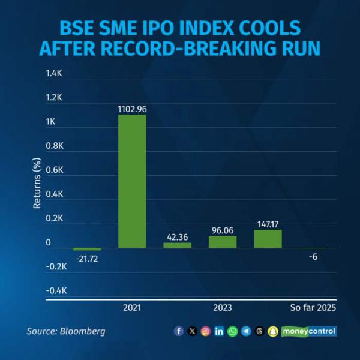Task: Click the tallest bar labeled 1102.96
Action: click(132, 181)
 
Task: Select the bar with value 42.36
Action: click(177, 245)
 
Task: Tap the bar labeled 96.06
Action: click(223, 242)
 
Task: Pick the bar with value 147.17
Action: click(268, 239)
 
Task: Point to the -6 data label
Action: click(313, 257)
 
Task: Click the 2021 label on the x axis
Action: click(132, 308)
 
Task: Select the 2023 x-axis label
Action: click(223, 308)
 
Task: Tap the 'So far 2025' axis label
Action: click(313, 308)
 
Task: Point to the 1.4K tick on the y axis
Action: click(54, 73)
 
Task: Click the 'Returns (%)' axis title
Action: click(37, 183)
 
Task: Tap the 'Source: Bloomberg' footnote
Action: click(66, 331)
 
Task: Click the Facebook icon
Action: click(179, 331)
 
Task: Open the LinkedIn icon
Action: click(219, 331)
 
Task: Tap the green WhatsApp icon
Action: click(232, 331)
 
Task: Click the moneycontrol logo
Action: click(309, 331)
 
